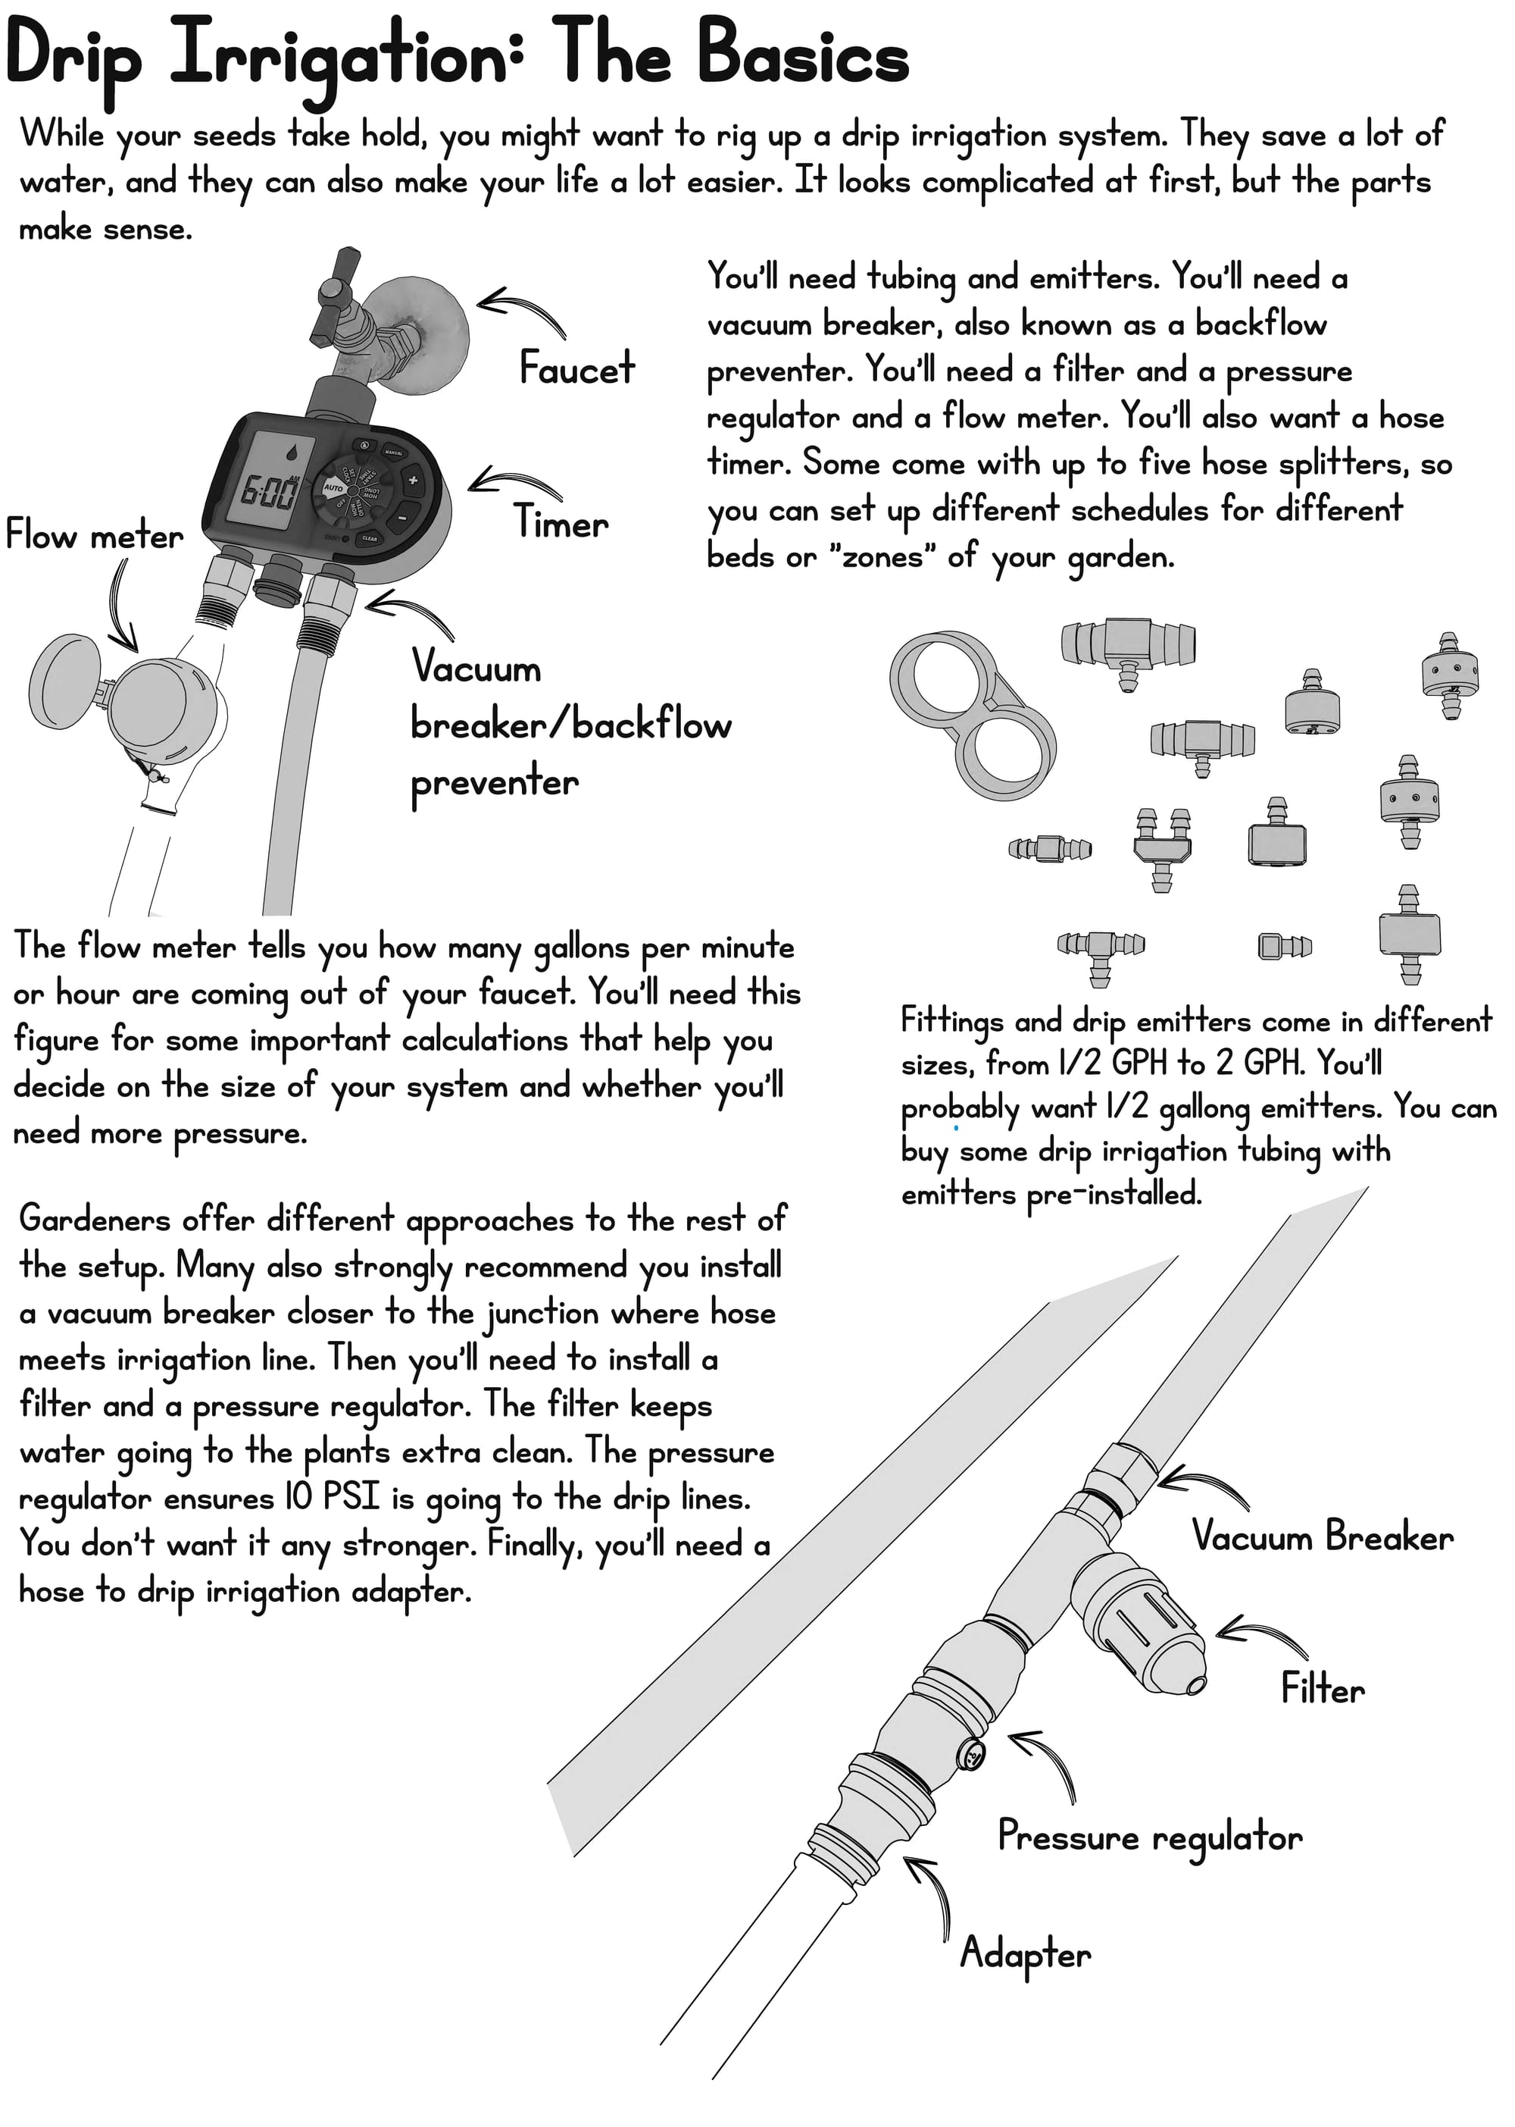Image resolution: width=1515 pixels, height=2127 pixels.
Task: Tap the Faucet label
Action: [576, 368]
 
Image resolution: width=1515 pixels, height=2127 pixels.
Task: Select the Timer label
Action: [561, 522]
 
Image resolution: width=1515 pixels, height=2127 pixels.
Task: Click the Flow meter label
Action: [94, 535]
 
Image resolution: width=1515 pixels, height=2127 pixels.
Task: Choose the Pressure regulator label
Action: [1149, 1837]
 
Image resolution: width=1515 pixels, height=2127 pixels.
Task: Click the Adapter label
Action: [1025, 1953]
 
